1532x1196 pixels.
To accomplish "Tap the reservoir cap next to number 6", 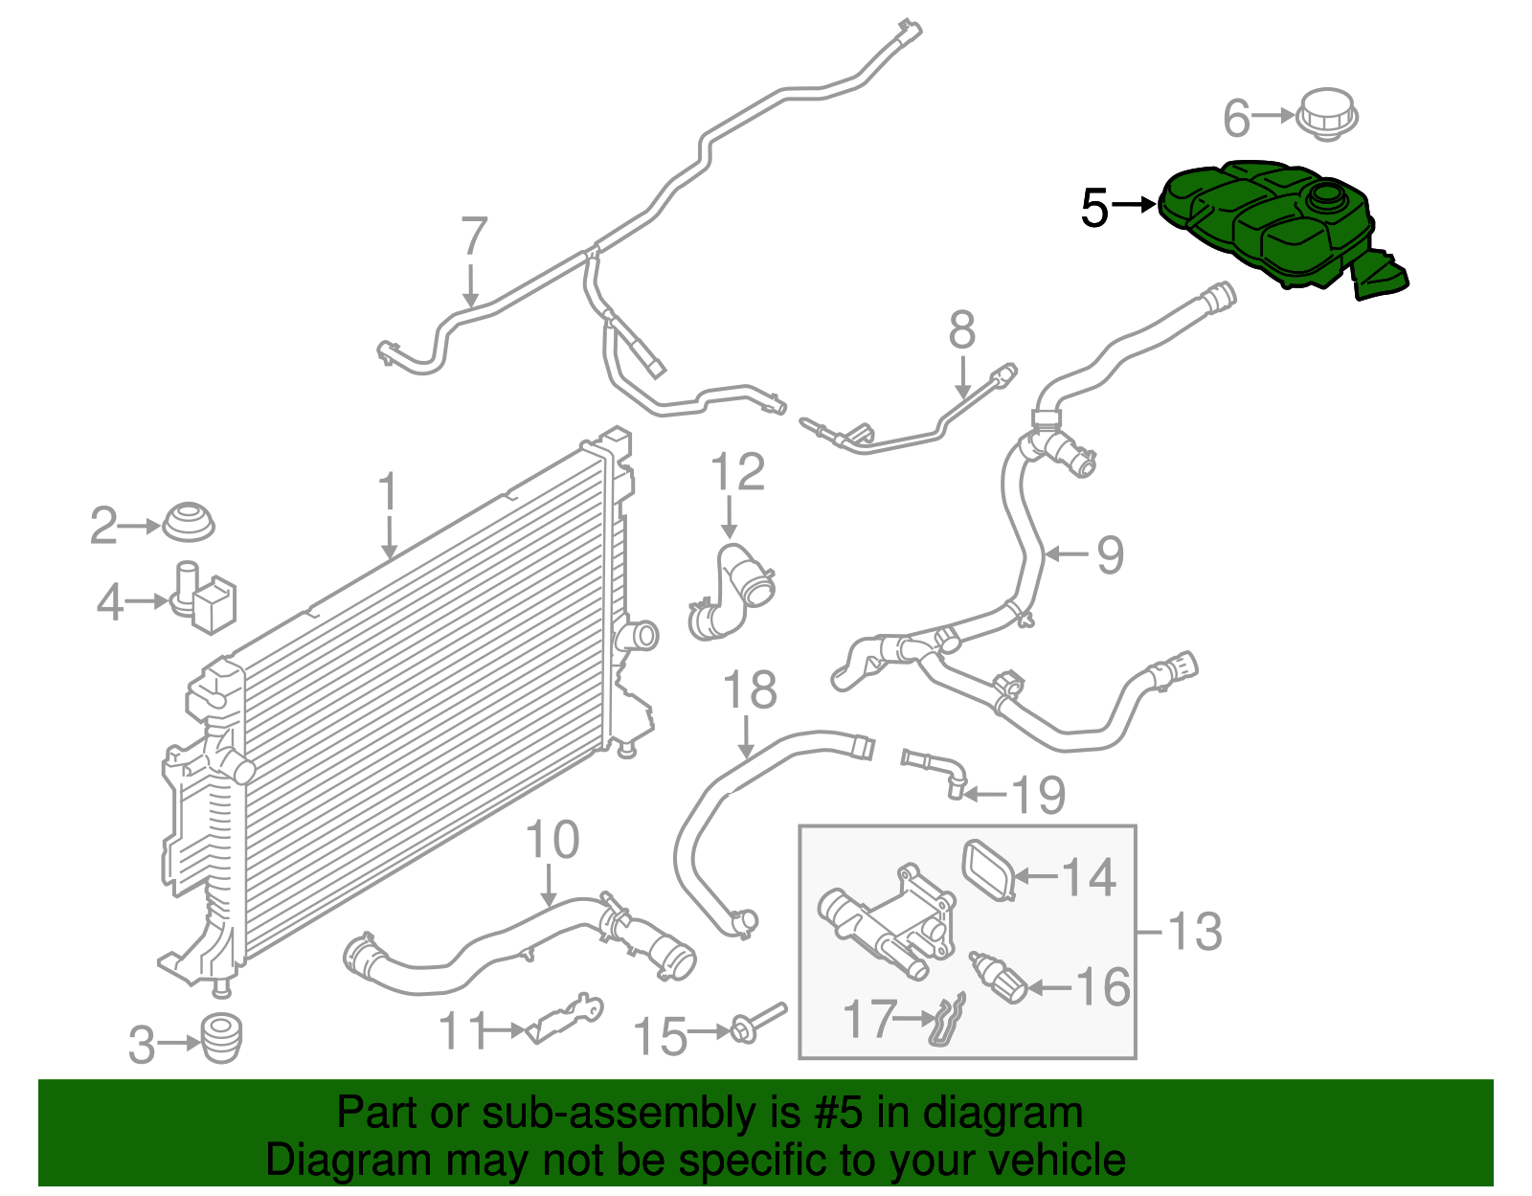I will (x=1327, y=115).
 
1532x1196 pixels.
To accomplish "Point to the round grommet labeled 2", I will (x=188, y=522).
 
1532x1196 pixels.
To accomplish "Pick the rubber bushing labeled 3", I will (x=221, y=1038).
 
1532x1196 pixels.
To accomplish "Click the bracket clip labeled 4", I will (x=205, y=598).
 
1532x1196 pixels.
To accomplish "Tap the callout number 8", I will (x=961, y=330).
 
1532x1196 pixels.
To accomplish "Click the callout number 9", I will (x=1109, y=554).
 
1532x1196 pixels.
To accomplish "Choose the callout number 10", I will (x=552, y=840).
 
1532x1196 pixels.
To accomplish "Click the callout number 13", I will (x=1195, y=931).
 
